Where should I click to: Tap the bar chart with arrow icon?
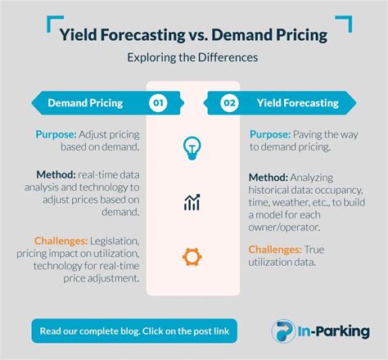point(193,202)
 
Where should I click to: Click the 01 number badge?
point(159,103)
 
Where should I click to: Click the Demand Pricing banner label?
point(86,103)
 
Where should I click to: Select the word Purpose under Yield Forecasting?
point(268,134)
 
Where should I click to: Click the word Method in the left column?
point(56,174)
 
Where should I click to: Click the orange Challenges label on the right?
point(276,249)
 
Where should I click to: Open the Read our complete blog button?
point(134,331)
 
